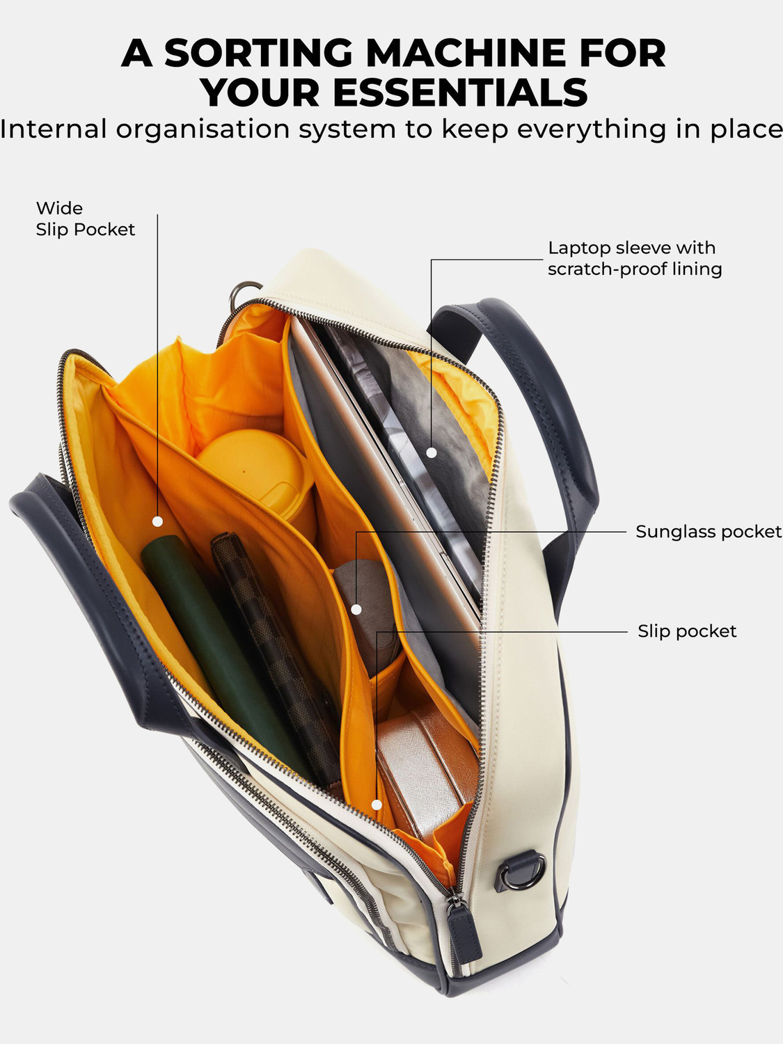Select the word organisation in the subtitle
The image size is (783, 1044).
point(203,129)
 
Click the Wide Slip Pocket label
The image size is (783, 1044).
point(85,219)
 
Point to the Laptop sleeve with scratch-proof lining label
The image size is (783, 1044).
point(635,258)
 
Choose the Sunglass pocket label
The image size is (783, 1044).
point(709,531)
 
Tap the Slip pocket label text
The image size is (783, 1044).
point(687,631)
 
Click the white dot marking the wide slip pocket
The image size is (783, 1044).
point(157,521)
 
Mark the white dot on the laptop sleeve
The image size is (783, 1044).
point(432,453)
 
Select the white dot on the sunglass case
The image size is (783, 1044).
point(356,609)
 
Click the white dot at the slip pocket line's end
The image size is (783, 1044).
point(377,805)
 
